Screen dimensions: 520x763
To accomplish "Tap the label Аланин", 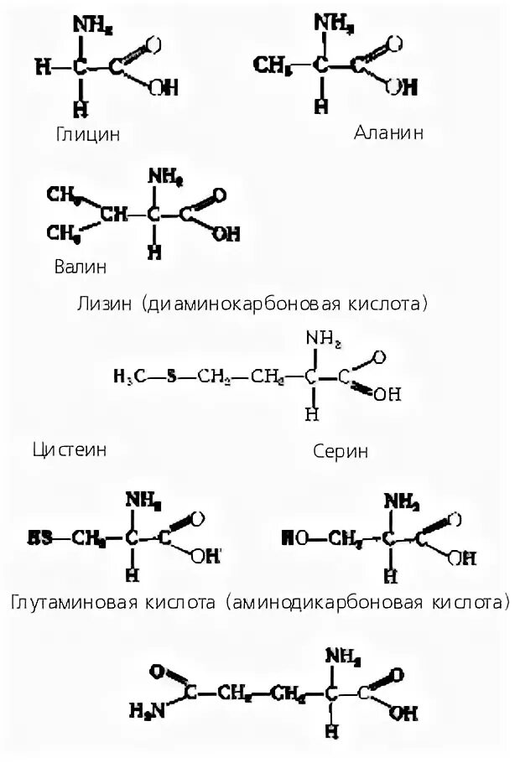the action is (x=388, y=132).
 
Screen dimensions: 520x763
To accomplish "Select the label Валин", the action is (x=81, y=267).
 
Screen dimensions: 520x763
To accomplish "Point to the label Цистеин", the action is (x=70, y=449).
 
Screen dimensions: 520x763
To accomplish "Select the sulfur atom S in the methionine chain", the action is (x=172, y=377).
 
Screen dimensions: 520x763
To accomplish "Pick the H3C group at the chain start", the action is (x=127, y=377).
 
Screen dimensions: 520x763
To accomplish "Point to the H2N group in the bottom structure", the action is (x=145, y=712).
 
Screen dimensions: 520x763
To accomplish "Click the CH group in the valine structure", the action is (x=114, y=215).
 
